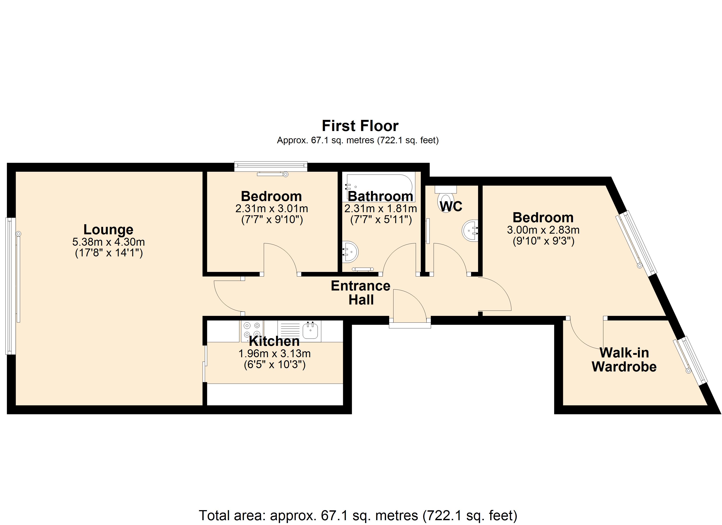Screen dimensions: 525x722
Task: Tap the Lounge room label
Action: point(108,229)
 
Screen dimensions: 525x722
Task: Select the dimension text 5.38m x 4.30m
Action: point(109,242)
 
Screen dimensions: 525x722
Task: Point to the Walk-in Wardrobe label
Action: point(624,360)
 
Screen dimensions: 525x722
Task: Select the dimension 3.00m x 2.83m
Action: point(543,230)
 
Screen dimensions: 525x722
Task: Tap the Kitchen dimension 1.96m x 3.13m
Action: point(274,353)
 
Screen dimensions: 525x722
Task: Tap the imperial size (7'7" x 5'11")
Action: point(381,220)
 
